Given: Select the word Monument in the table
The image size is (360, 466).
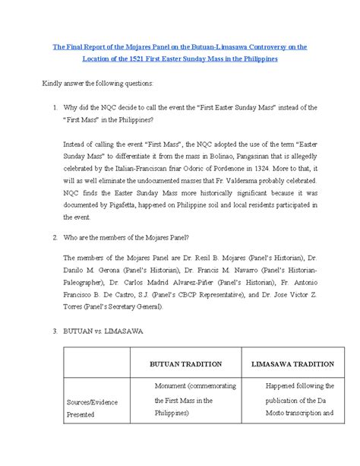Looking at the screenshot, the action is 171,387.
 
